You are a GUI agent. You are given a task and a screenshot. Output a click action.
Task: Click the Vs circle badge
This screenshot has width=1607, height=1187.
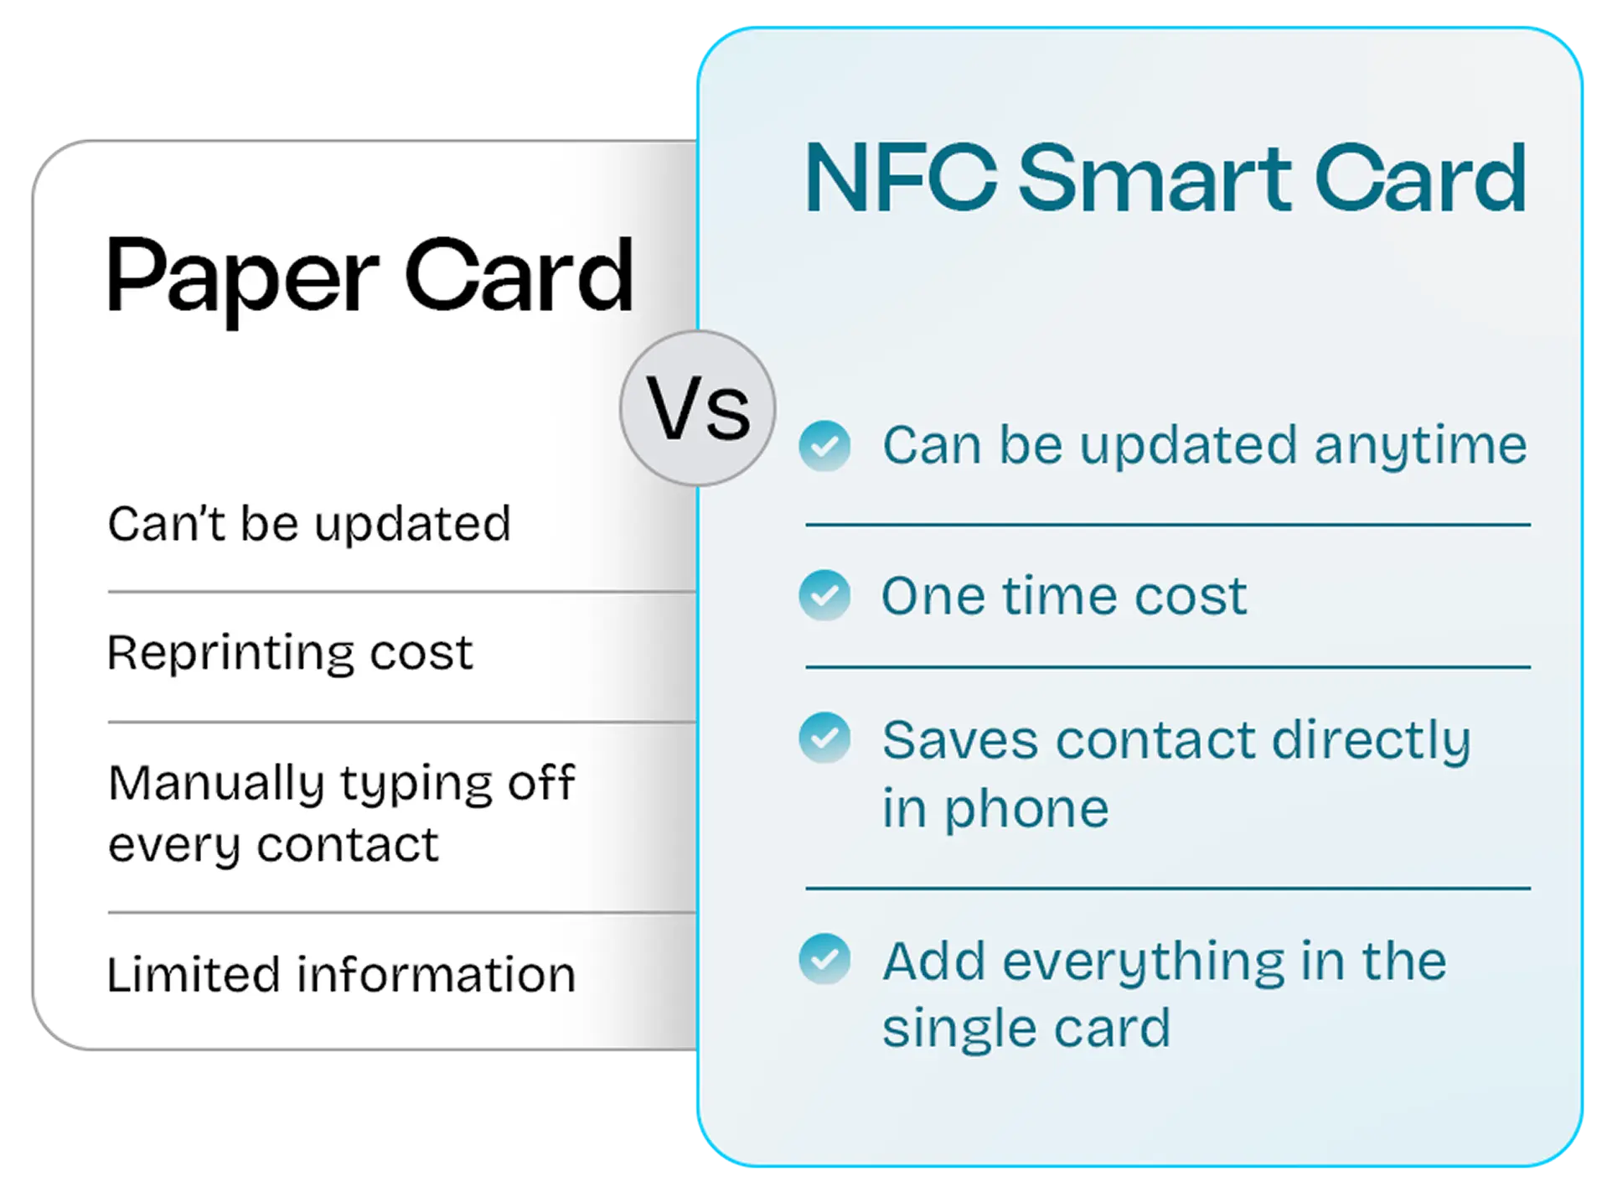tap(697, 408)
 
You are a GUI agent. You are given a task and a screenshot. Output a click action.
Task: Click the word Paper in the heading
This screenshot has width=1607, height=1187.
tap(243, 277)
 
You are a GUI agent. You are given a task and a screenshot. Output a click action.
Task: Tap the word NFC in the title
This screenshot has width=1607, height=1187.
tap(901, 179)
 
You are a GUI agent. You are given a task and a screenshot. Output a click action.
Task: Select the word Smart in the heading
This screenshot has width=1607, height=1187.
tap(1155, 179)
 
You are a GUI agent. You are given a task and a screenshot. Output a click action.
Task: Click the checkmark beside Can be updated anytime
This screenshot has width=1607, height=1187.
tap(824, 445)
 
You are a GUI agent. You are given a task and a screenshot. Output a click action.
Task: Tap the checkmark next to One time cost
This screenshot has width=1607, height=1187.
tap(824, 595)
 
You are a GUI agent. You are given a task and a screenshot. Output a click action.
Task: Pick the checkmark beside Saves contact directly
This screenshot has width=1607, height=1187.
tap(824, 738)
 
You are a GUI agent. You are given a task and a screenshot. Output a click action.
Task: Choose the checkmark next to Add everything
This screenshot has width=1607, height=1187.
tap(824, 959)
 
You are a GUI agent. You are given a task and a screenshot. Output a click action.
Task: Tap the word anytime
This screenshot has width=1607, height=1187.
tap(1420, 445)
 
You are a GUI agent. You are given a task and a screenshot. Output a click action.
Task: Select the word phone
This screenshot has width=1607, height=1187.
tap(1026, 809)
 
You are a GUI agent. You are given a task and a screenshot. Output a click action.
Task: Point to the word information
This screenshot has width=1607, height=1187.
tap(437, 974)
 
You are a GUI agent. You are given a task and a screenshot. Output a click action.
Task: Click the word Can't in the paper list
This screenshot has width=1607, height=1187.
tap(167, 524)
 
